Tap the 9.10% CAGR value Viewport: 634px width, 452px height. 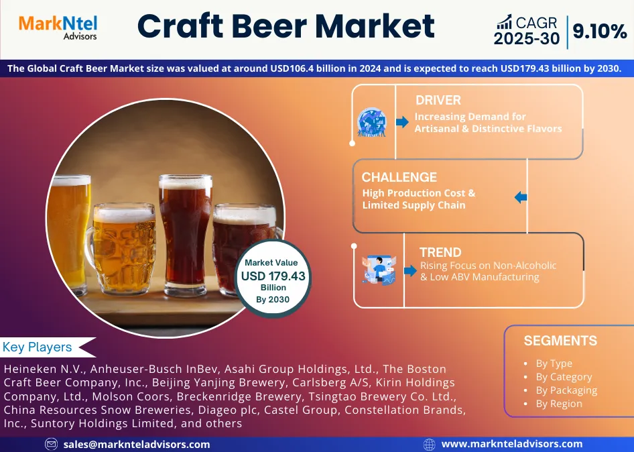599,31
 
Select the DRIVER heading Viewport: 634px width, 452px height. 438,101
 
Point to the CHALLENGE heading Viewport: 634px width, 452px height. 399,178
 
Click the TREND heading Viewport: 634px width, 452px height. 440,253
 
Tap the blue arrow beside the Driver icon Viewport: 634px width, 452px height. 402,122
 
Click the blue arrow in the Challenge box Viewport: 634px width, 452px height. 521,198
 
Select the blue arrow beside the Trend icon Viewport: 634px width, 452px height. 410,271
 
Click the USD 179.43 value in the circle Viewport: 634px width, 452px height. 273,276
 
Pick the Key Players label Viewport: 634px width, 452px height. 38,347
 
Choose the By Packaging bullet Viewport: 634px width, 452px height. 566,390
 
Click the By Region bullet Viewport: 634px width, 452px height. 559,404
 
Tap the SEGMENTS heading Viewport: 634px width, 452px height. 560,341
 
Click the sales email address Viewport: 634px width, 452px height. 137,444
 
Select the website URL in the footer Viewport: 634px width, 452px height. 512,444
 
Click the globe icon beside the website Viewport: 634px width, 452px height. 430,444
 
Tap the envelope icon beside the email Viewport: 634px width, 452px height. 51,444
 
